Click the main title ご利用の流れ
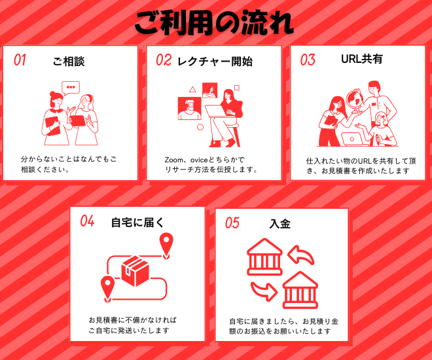[x=214, y=23]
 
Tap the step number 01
[x=20, y=60]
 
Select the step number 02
[x=164, y=60]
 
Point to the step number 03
[x=308, y=60]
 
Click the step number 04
[x=87, y=221]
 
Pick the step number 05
[x=232, y=223]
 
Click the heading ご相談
[x=69, y=62]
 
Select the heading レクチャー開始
[x=215, y=62]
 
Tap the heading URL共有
[x=362, y=59]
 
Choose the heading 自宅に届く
[x=137, y=223]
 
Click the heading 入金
[x=280, y=224]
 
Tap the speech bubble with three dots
[x=71, y=88]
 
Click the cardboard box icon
[x=135, y=271]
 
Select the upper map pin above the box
[x=166, y=245]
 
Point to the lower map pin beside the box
[x=107, y=289]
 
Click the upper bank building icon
[x=264, y=257]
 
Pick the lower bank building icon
[x=300, y=290]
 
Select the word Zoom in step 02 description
[x=173, y=160]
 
